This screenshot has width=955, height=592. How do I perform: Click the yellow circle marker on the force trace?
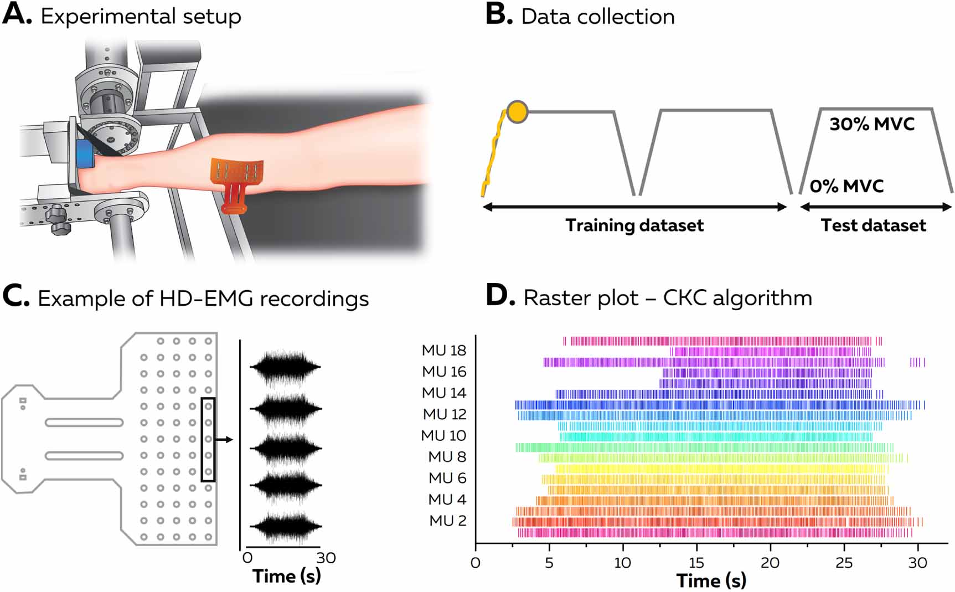(x=517, y=112)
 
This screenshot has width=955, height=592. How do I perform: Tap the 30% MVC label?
(x=871, y=124)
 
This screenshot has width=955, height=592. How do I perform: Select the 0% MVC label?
(x=846, y=186)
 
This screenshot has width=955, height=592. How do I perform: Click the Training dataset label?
(x=634, y=225)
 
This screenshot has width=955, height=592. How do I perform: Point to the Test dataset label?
(x=873, y=225)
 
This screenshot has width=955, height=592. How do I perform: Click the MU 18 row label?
(x=444, y=351)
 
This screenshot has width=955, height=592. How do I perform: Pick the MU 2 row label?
(x=447, y=521)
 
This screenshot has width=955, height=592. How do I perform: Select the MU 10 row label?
(x=443, y=436)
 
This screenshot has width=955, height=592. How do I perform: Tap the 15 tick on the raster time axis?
(x=696, y=563)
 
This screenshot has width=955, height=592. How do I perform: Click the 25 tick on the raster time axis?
(x=844, y=563)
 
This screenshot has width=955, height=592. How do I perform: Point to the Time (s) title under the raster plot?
(x=711, y=580)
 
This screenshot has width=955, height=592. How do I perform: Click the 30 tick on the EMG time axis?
(x=326, y=558)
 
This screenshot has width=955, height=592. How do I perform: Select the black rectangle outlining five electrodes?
(x=208, y=440)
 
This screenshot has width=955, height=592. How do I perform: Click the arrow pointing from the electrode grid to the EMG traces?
(x=224, y=440)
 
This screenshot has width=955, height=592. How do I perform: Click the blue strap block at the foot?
(x=85, y=153)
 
